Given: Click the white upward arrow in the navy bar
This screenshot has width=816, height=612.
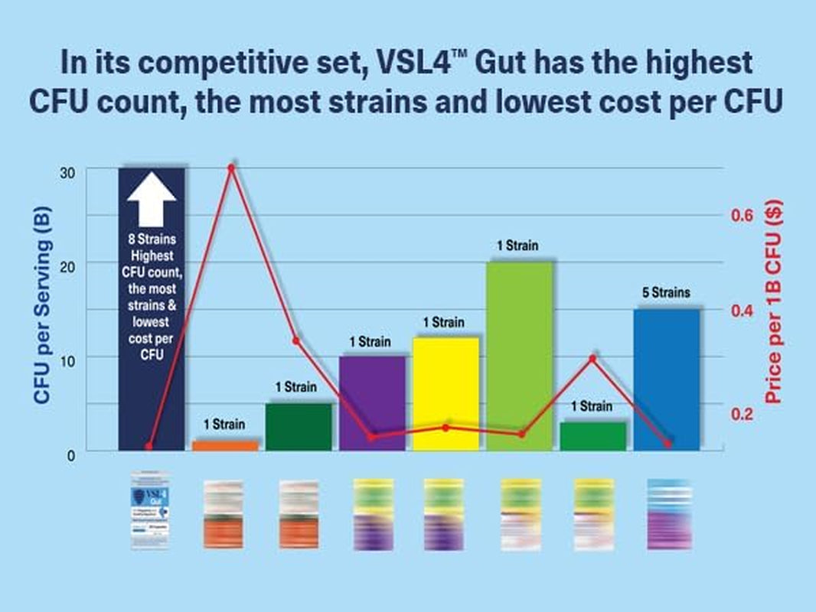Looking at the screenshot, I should click(152, 200).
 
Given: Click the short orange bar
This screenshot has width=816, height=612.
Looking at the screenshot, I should click(225, 445).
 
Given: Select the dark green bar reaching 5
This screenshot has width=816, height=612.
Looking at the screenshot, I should click(299, 427).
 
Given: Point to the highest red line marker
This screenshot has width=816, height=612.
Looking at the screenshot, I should click(230, 167).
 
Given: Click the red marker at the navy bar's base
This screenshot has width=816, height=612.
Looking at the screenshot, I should click(149, 446).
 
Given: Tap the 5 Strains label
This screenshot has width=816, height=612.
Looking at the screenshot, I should click(667, 292).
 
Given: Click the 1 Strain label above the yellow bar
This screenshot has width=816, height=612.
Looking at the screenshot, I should click(442, 323).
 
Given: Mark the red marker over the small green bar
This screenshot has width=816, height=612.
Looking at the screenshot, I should click(592, 357).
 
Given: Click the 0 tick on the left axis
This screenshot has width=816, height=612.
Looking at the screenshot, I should click(70, 455).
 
